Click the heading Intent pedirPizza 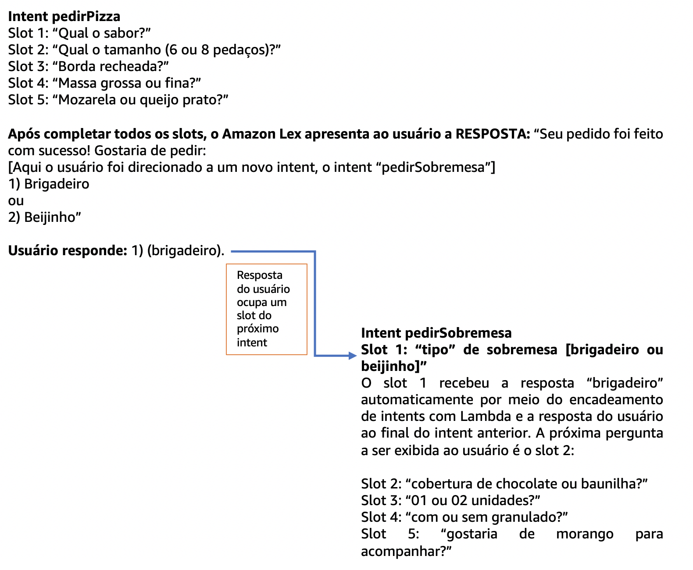click(x=64, y=16)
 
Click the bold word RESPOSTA click(x=493, y=134)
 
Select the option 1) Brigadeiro click(x=49, y=184)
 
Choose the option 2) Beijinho click(x=45, y=217)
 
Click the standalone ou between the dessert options click(x=16, y=201)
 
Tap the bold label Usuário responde click(x=68, y=250)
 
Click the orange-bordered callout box click(x=266, y=309)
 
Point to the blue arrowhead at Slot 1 click(x=353, y=356)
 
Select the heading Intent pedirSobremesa click(x=436, y=333)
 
